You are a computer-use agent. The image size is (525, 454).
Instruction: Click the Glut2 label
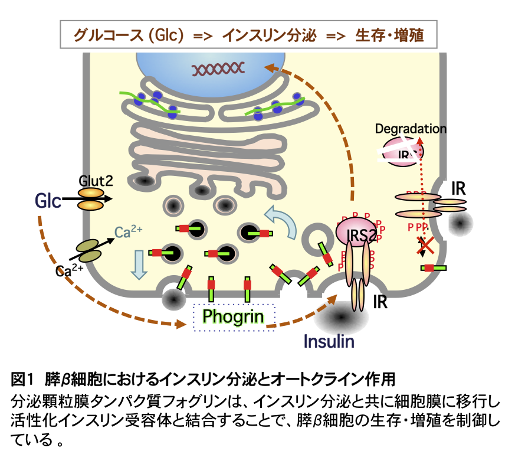[96, 179]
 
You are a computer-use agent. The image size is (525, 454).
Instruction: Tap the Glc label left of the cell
[48, 201]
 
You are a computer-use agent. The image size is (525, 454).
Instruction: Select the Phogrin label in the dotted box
[233, 316]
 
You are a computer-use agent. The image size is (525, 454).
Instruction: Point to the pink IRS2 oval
[356, 233]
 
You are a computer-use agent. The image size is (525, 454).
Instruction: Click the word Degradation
[411, 128]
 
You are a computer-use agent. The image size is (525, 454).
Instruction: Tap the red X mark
[425, 246]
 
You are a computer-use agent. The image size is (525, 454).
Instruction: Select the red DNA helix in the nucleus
[216, 70]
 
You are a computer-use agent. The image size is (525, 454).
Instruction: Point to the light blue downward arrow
[139, 263]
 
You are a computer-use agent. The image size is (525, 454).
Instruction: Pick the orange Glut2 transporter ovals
[91, 199]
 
